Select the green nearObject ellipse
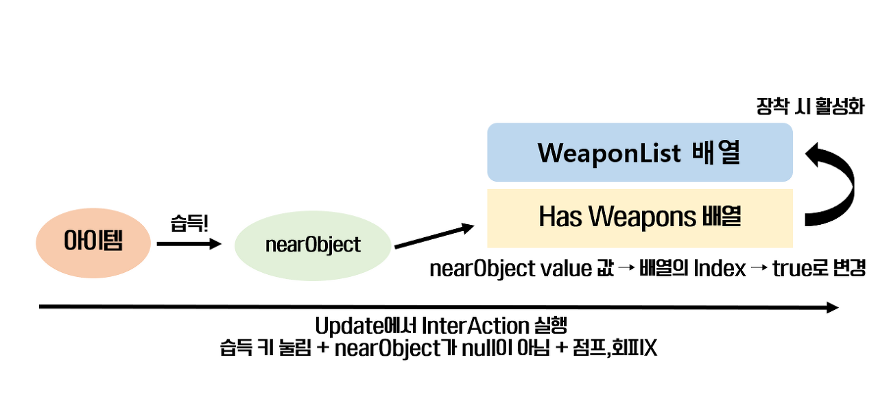[313, 245]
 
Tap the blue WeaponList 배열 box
[639, 152]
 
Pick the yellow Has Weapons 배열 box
[639, 217]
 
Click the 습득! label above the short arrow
[189, 223]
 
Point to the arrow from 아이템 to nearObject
[189, 243]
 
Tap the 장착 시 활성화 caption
[809, 107]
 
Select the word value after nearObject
[562, 269]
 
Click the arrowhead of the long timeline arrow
[832, 307]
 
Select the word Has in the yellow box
[561, 217]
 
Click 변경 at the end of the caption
[850, 269]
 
